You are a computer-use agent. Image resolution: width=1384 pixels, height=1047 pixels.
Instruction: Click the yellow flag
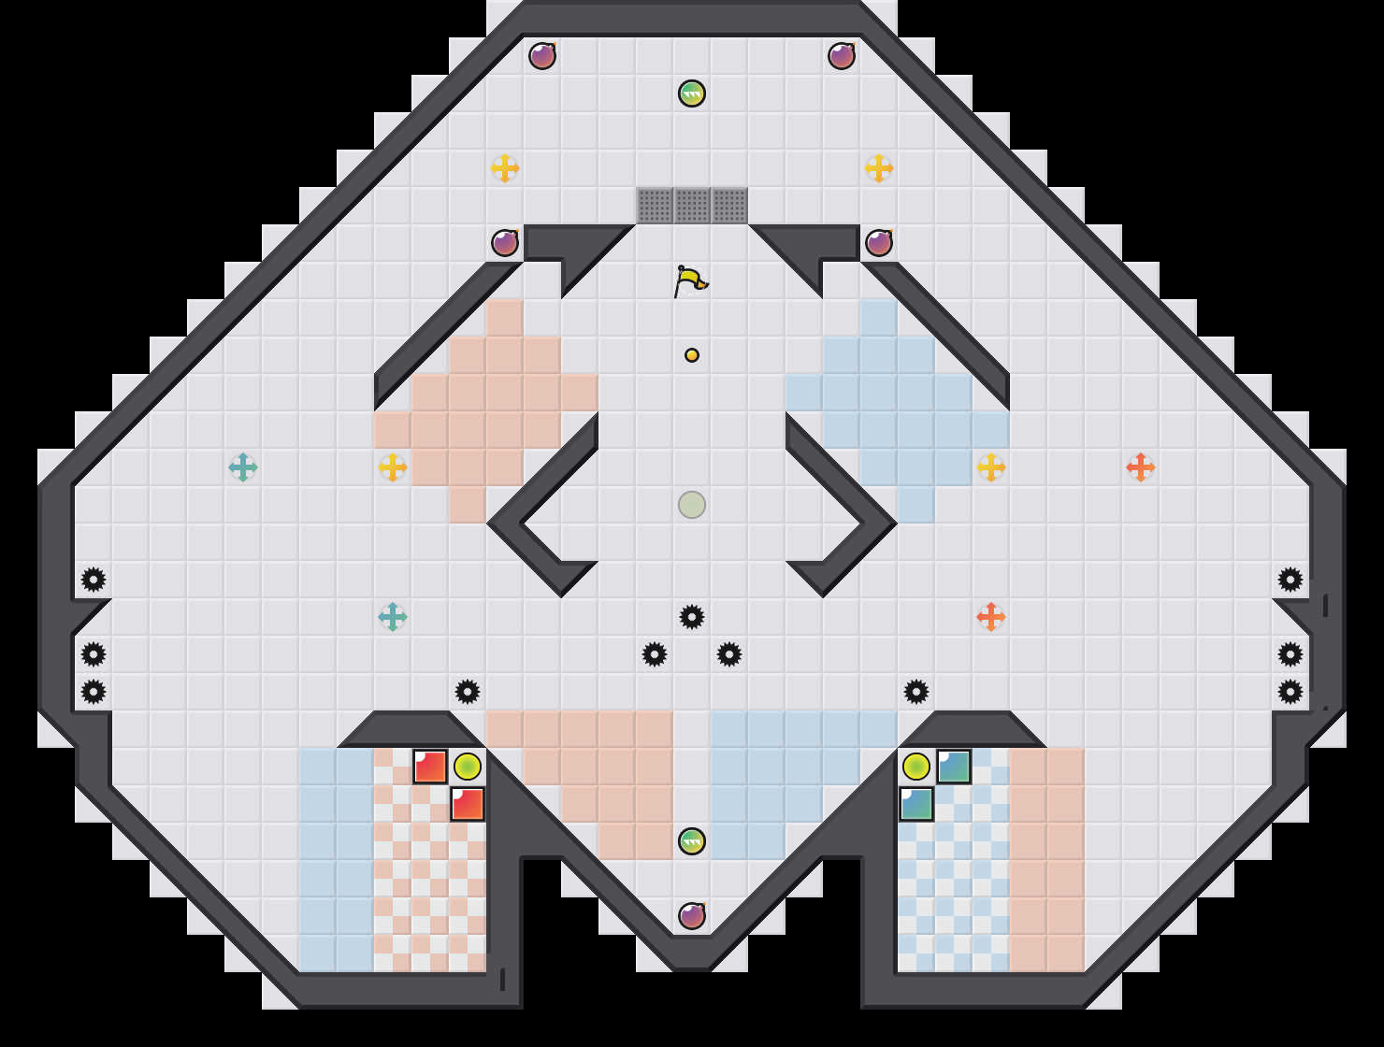pyautogui.click(x=690, y=280)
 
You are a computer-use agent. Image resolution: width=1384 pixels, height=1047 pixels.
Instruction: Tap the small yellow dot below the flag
pyautogui.click(x=692, y=355)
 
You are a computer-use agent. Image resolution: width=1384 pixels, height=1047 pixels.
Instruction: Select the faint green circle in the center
pyautogui.click(x=692, y=505)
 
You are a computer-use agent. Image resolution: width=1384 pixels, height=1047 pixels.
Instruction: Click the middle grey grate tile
pyautogui.click(x=692, y=206)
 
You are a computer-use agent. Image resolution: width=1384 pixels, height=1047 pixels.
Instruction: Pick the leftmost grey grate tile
pyautogui.click(x=655, y=206)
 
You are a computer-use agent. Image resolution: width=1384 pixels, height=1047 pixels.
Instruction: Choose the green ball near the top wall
pyautogui.click(x=692, y=93)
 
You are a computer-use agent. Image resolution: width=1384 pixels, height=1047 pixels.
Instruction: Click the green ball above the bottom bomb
pyautogui.click(x=692, y=841)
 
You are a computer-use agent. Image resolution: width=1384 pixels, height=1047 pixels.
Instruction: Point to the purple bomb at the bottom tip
pyautogui.click(x=692, y=916)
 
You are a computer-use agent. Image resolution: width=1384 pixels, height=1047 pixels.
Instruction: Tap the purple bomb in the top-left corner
pyautogui.click(x=542, y=56)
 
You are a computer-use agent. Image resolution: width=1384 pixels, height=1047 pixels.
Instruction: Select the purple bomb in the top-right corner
pyautogui.click(x=842, y=56)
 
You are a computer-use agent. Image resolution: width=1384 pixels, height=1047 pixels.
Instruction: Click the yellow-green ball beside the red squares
pyautogui.click(x=468, y=767)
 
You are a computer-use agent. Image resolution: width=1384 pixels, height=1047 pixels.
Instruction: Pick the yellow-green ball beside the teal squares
pyautogui.click(x=916, y=767)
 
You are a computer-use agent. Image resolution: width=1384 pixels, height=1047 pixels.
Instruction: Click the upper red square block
pyautogui.click(x=430, y=767)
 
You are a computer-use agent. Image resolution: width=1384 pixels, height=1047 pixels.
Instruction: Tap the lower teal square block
pyautogui.click(x=916, y=804)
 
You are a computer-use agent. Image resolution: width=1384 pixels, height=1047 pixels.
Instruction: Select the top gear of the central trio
pyautogui.click(x=692, y=617)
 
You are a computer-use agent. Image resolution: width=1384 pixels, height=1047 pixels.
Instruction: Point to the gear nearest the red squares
pyautogui.click(x=468, y=692)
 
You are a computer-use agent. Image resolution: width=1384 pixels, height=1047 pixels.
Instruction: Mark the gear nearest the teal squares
pyautogui.click(x=916, y=692)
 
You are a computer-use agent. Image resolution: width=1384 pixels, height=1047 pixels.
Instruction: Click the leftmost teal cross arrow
pyautogui.click(x=243, y=467)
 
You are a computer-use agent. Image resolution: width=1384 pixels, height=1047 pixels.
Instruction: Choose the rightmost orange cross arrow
pyautogui.click(x=1141, y=467)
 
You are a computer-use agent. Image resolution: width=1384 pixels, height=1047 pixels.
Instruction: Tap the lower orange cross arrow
pyautogui.click(x=991, y=617)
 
